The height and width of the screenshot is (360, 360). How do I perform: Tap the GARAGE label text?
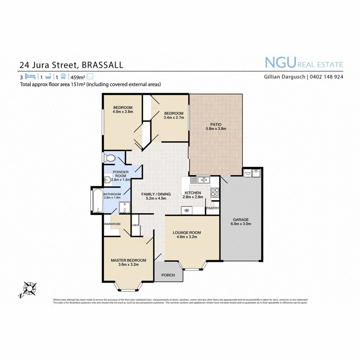[241, 220]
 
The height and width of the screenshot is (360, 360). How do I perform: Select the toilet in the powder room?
[109, 158]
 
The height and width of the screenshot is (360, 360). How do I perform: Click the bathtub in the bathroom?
[97, 200]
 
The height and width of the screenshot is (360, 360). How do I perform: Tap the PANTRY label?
[212, 208]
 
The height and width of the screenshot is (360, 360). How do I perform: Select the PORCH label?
[168, 275]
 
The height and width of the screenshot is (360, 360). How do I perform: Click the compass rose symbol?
[28, 288]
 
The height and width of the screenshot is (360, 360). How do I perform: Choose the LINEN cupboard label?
[135, 226]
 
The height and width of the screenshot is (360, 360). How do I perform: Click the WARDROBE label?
[112, 224]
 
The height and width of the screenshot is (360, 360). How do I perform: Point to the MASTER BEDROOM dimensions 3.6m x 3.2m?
[128, 265]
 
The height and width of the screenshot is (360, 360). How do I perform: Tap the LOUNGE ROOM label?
[186, 232]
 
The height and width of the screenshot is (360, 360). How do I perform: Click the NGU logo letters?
[280, 63]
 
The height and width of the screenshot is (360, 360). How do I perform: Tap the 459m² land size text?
[78, 76]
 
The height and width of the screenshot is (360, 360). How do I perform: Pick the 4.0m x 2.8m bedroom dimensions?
[122, 112]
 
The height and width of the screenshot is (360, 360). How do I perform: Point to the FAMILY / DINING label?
[156, 194]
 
